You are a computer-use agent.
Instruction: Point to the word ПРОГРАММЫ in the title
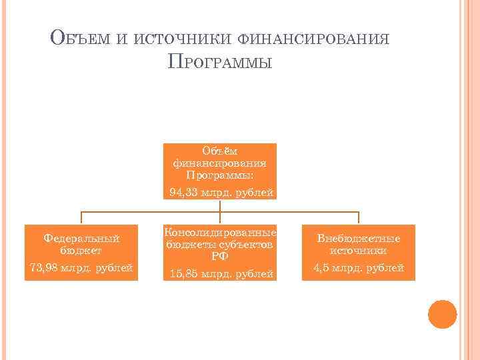coord(220,64)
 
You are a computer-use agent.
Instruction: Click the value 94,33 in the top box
coord(183,193)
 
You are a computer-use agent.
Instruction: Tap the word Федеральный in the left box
coord(81,238)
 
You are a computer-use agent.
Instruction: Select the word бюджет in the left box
coord(81,251)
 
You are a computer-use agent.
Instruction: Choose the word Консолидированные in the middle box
coord(220,233)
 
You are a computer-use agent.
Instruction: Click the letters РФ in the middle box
coord(220,257)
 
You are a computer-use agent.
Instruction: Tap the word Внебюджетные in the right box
coord(359,238)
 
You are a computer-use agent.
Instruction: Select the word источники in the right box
coord(359,251)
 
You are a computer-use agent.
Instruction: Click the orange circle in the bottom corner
coord(442,314)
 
